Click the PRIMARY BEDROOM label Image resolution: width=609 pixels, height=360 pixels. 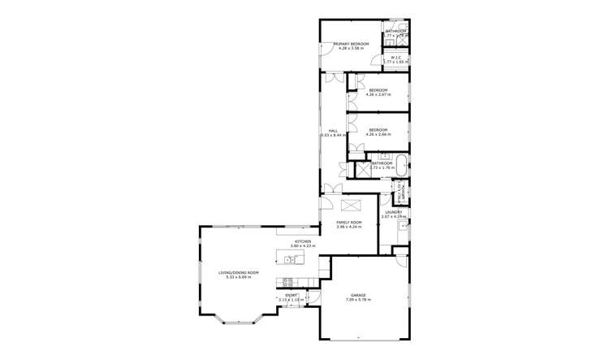coord(351,43)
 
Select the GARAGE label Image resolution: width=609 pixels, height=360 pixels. coord(358,295)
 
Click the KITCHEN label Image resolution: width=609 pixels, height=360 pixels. coord(303,241)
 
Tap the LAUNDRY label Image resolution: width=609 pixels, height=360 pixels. coord(394,212)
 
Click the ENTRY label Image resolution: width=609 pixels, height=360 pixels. coord(290,295)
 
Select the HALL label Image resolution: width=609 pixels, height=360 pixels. coord(333,131)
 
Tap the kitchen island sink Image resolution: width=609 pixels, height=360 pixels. coord(288,260)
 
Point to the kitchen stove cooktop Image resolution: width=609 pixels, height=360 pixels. coord(287,282)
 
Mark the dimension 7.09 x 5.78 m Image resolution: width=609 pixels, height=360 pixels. coord(358,300)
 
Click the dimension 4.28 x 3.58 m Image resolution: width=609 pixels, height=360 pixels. coord(351,48)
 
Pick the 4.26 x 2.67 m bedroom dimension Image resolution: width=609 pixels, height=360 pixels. coord(378,94)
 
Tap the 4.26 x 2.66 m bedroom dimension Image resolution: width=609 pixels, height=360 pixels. coord(378,134)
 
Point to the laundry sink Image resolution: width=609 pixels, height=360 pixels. coord(400,228)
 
